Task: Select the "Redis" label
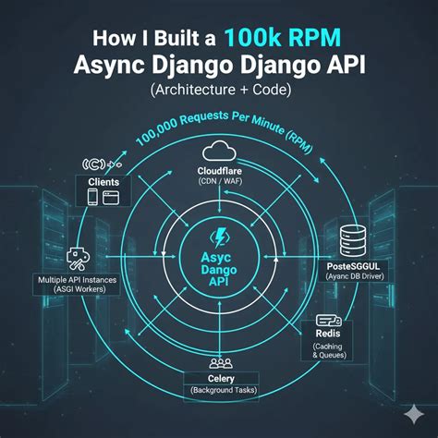pos(326,334)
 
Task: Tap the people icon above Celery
pos(220,363)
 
